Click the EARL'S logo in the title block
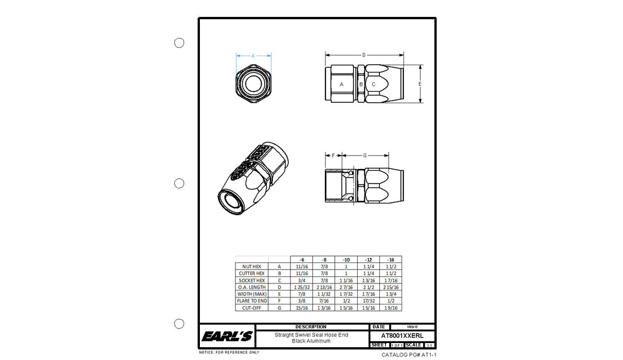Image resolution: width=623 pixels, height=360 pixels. click(x=227, y=337)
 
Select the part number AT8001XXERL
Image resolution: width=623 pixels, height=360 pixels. click(x=402, y=336)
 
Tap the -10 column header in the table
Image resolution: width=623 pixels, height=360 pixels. click(x=345, y=259)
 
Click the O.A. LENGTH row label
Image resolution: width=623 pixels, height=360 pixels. click(x=252, y=287)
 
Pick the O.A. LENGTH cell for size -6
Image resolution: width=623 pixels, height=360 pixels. click(x=302, y=287)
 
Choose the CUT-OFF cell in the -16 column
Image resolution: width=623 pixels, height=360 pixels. click(x=391, y=308)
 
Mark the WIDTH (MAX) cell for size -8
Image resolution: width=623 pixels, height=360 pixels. click(x=324, y=294)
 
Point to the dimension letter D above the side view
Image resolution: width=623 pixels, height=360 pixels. click(x=364, y=55)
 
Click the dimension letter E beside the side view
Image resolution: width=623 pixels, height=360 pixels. click(x=420, y=84)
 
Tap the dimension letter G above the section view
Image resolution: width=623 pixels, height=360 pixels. click(x=365, y=155)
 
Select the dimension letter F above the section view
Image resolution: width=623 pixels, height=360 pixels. click(x=333, y=155)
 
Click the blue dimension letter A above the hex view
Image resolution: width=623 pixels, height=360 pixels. click(x=253, y=56)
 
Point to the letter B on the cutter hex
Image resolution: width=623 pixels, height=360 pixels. click(x=361, y=84)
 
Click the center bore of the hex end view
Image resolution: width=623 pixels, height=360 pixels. click(x=253, y=83)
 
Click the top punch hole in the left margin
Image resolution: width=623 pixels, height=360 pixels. click(x=179, y=43)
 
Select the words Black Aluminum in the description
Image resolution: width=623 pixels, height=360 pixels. click(x=311, y=341)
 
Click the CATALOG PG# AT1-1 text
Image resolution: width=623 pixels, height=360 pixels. click(x=409, y=355)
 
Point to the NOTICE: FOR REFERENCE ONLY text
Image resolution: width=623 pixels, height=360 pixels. click(x=229, y=352)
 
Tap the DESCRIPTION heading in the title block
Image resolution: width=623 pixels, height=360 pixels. click(x=311, y=327)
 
